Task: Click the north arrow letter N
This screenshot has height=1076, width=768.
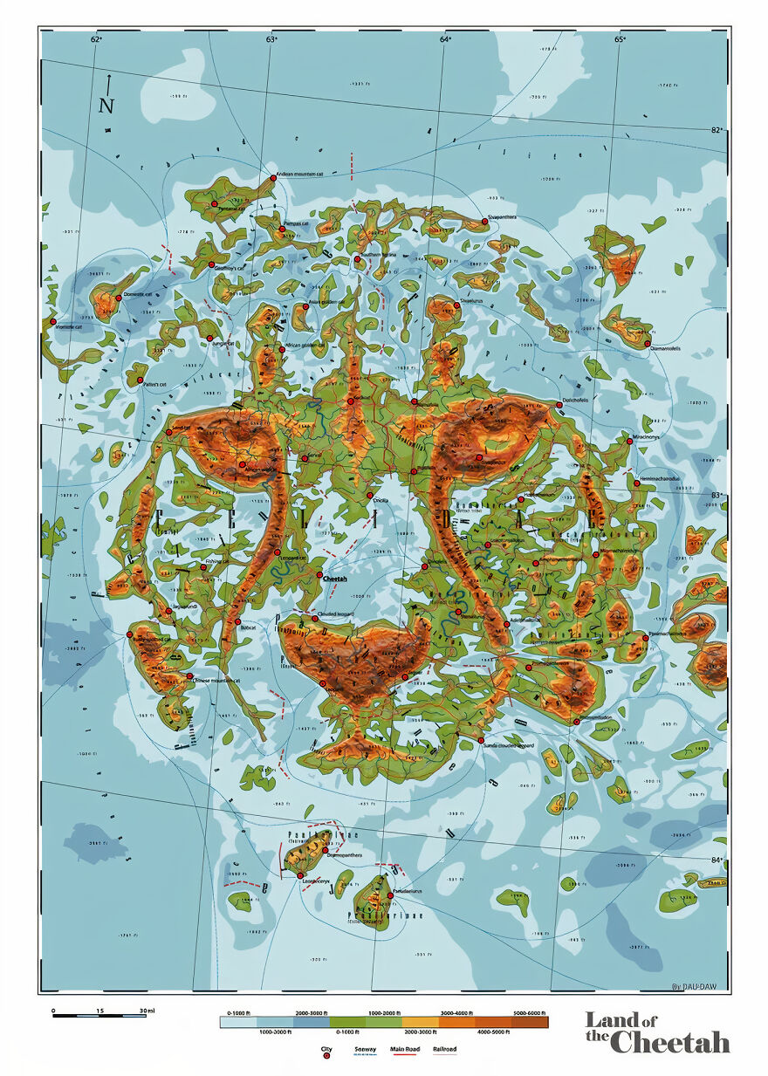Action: pyautogui.click(x=106, y=106)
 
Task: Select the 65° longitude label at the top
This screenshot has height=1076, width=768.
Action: pyautogui.click(x=620, y=39)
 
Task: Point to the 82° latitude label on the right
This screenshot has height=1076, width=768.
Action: pyautogui.click(x=717, y=130)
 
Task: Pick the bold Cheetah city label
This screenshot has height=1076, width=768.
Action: pyautogui.click(x=335, y=577)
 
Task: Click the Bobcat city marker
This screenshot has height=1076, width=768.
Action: pyautogui.click(x=237, y=621)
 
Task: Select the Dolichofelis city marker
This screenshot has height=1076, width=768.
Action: pyautogui.click(x=559, y=405)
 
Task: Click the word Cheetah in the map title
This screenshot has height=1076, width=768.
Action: pyautogui.click(x=669, y=1041)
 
